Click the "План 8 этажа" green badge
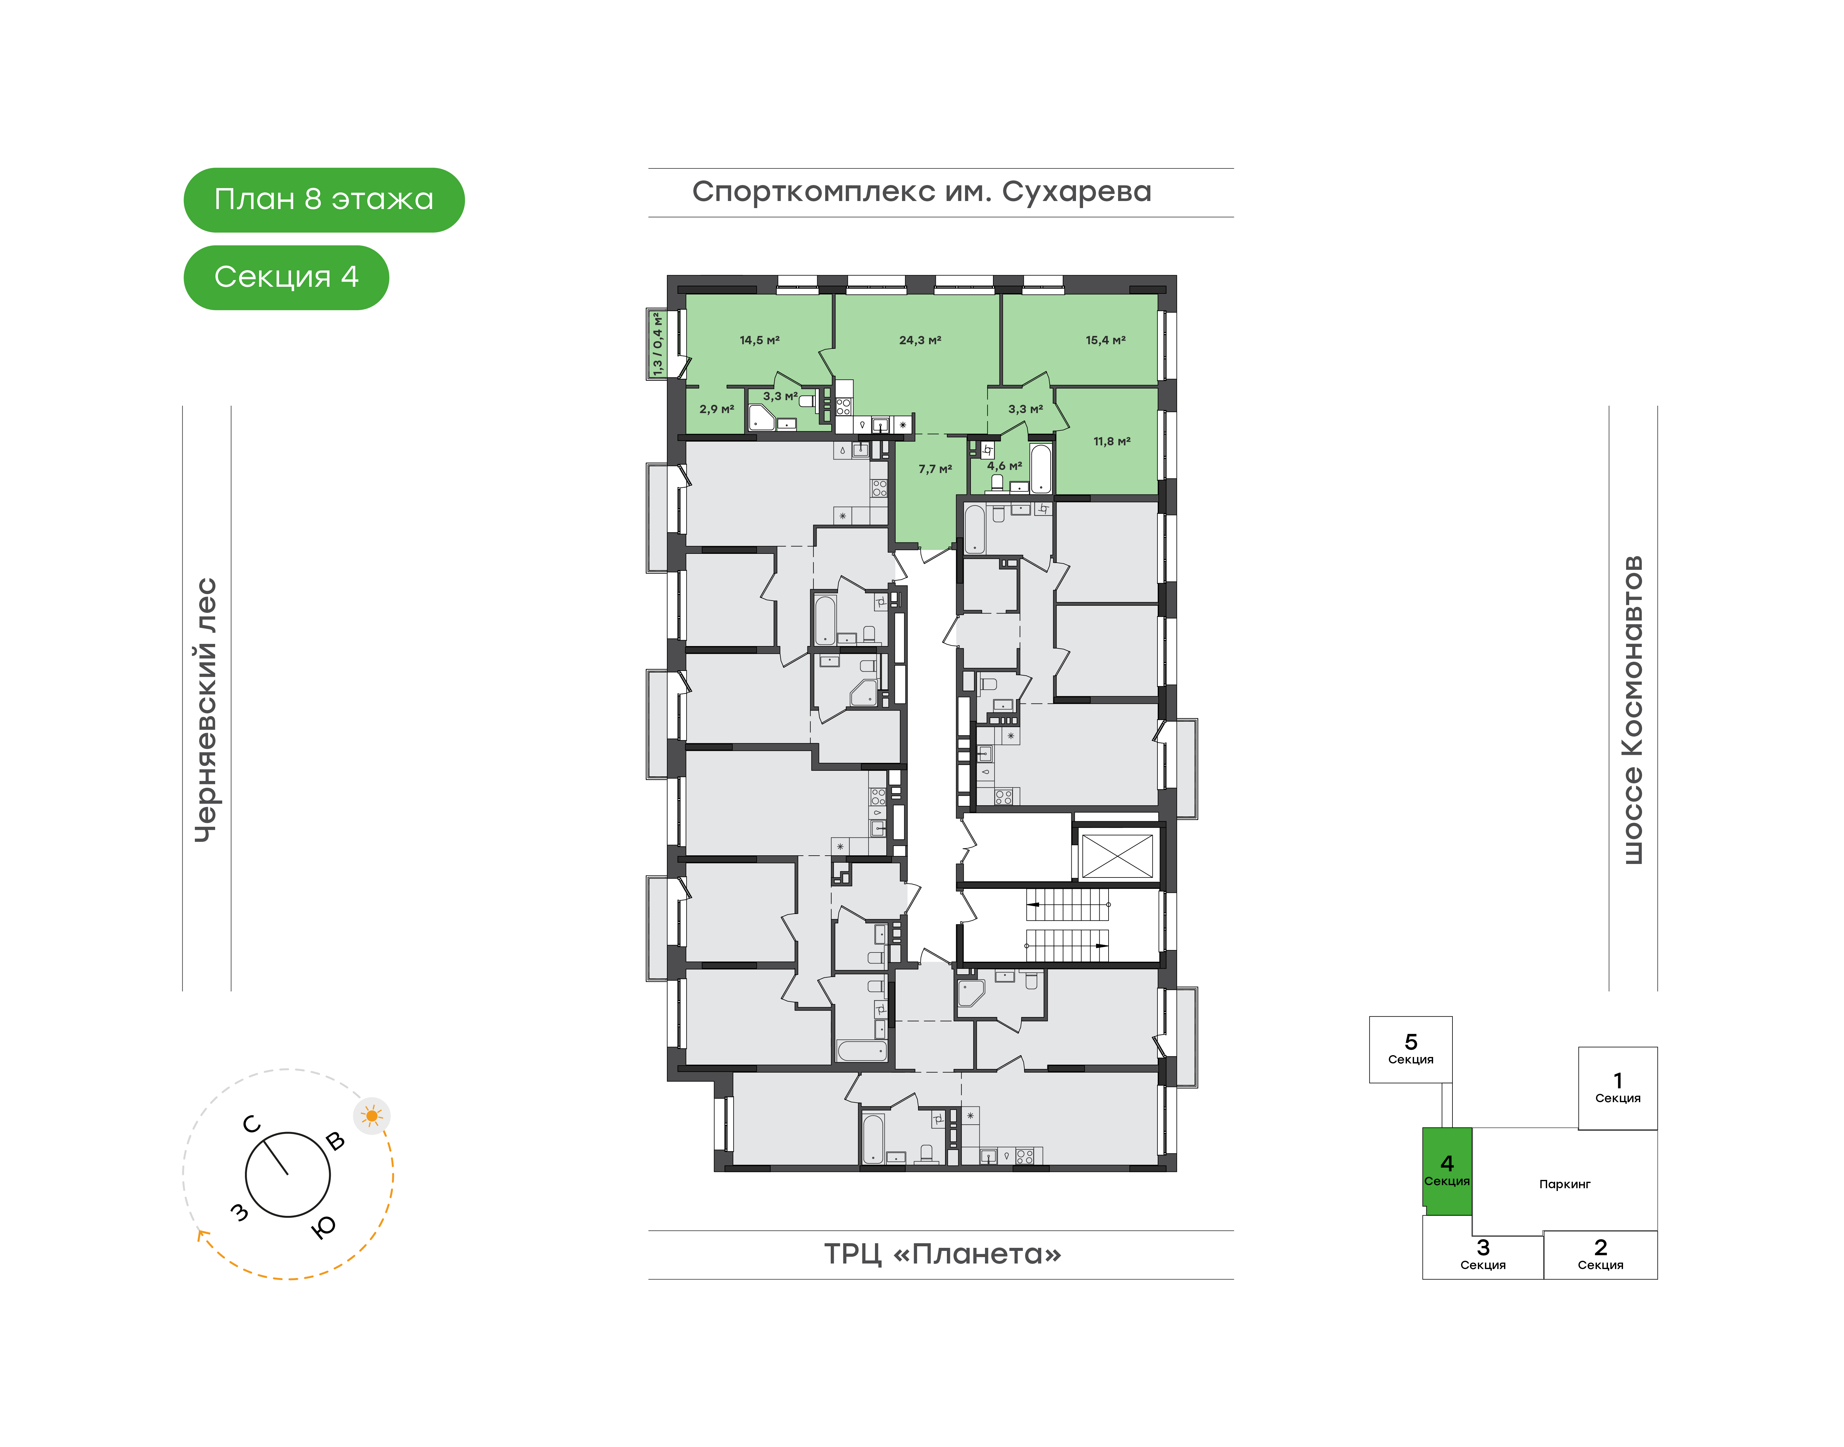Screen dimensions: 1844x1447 324,200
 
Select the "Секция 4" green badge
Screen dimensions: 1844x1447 286,277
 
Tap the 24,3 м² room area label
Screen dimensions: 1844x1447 920,340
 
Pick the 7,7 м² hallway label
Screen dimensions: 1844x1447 935,468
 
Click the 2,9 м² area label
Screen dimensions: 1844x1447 717,408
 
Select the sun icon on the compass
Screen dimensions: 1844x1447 372,1116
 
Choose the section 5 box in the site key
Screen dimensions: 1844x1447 1410,1050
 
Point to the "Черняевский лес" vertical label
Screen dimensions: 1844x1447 206,710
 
